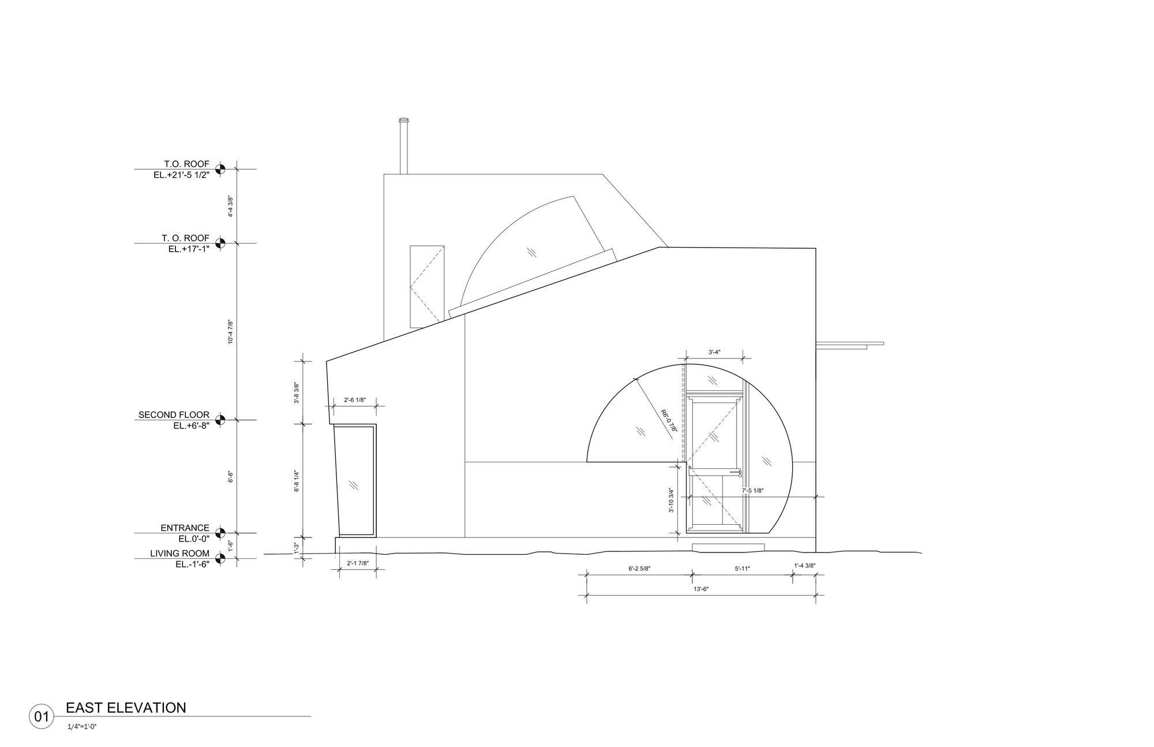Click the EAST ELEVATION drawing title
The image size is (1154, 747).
point(126,708)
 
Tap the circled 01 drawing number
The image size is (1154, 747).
point(41,717)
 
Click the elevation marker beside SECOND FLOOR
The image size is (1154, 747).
point(219,420)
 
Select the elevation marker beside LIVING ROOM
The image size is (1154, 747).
point(219,558)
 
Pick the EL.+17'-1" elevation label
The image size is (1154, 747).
point(189,249)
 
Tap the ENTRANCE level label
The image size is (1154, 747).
point(185,528)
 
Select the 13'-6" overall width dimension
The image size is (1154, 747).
point(701,589)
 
